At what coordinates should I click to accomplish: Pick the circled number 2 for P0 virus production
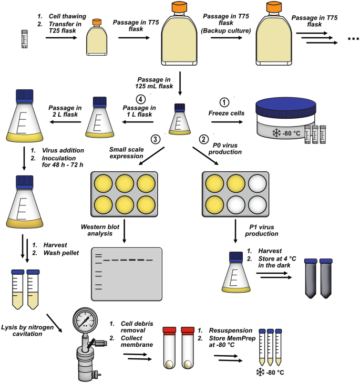tap(205, 139)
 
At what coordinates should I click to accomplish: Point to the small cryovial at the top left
tap(24, 39)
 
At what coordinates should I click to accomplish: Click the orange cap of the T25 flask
tap(97, 23)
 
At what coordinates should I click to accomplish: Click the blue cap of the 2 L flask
tap(25, 95)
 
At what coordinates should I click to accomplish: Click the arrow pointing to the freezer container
tap(227, 121)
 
